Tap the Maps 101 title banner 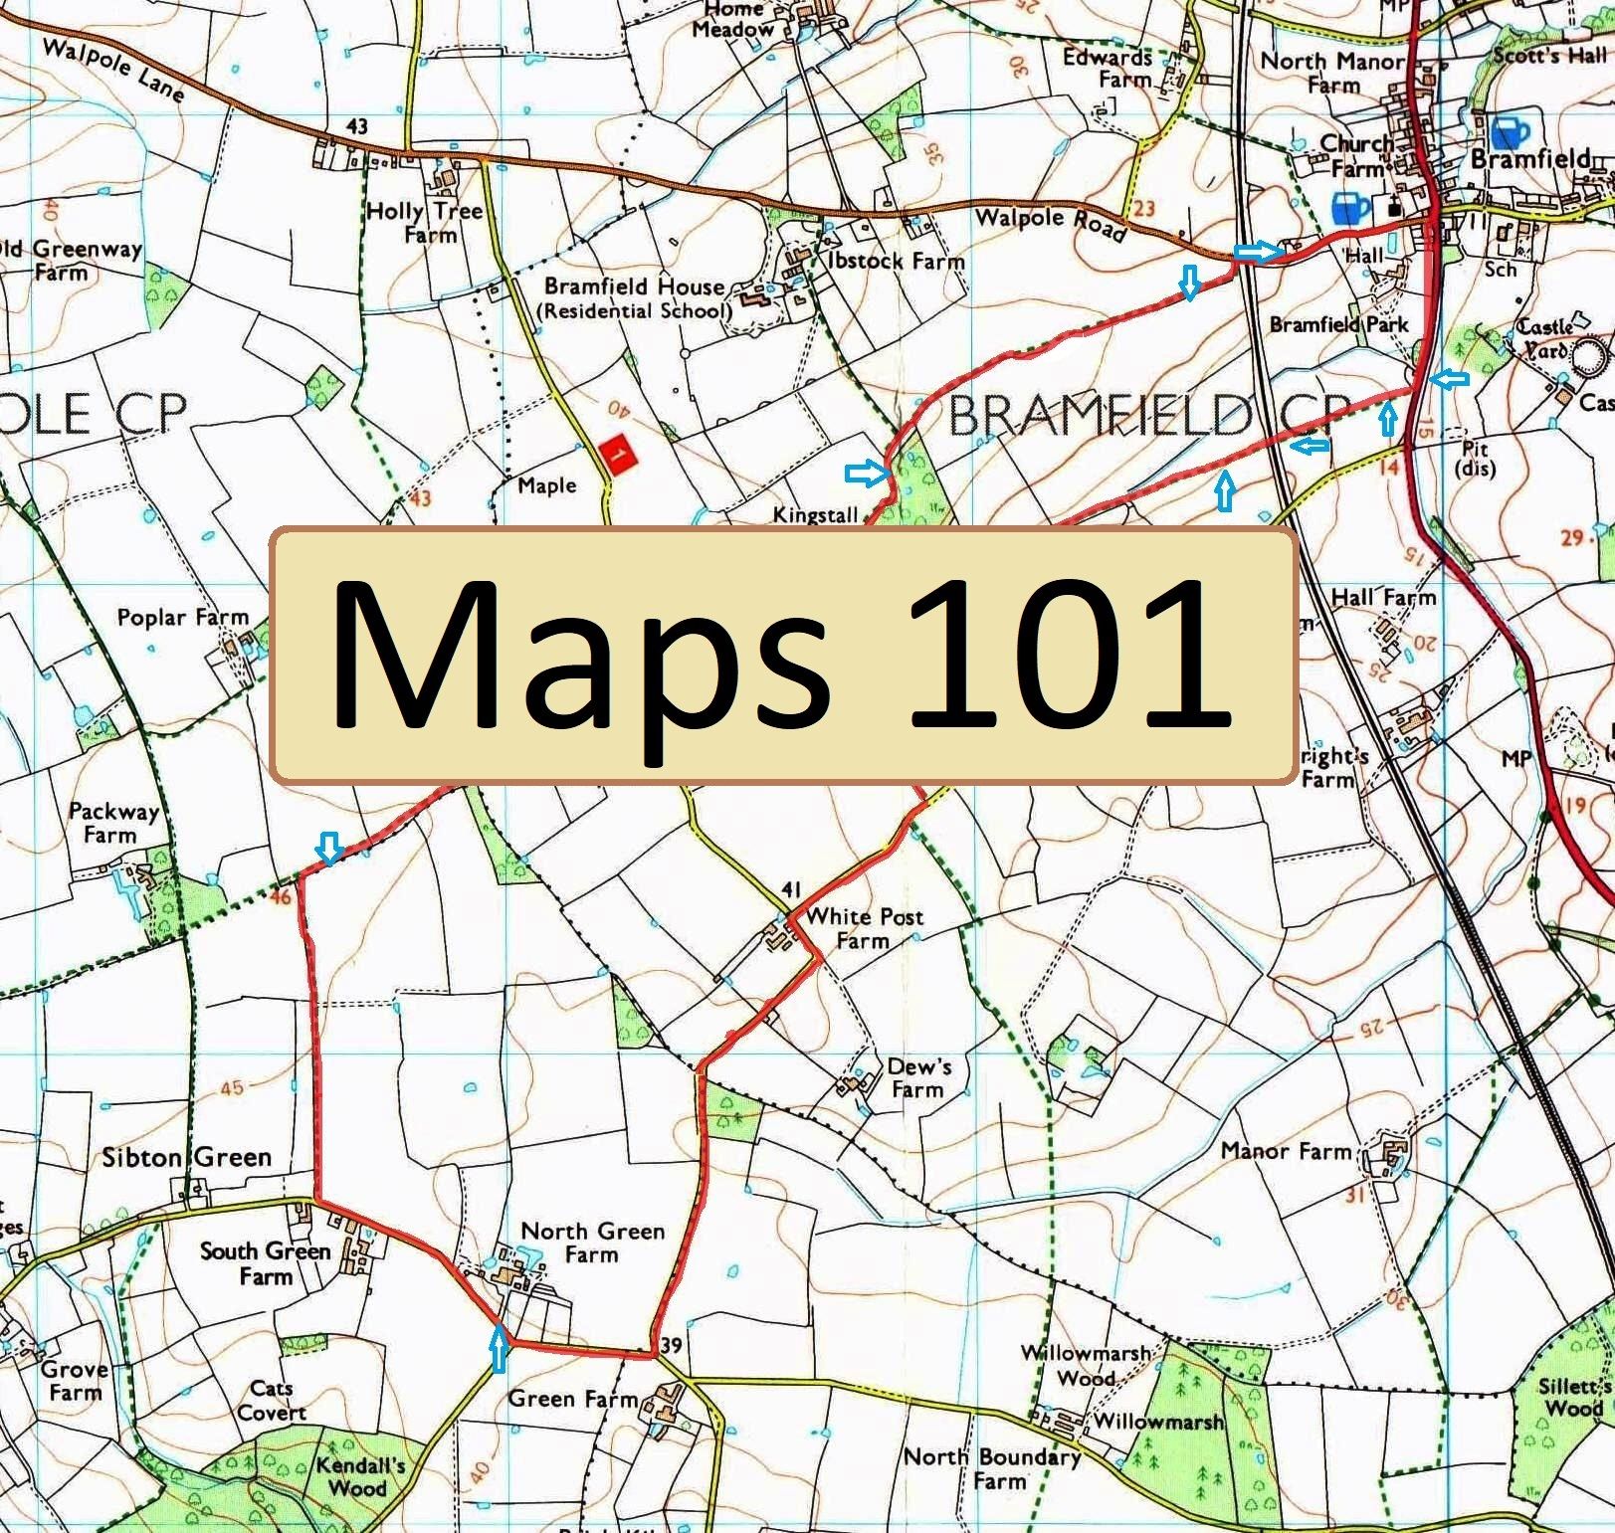point(784,656)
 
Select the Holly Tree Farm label point(425,223)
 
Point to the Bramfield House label point(634,287)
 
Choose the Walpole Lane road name point(113,71)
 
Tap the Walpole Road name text point(1050,223)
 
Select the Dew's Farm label point(918,1077)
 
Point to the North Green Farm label point(592,1243)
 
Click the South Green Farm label point(265,1262)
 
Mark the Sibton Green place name point(187,1157)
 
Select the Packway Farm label point(113,822)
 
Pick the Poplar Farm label point(182,618)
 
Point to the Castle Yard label point(1545,338)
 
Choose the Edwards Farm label point(1108,68)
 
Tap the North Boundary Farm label point(991,1468)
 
